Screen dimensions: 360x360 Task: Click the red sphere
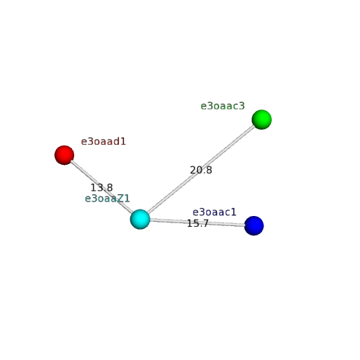64,155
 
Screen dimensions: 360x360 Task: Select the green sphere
261,120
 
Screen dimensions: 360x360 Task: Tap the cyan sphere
140,219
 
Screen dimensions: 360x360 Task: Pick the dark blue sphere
254,225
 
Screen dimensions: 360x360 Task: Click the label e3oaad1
104,142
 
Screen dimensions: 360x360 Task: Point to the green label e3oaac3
222,106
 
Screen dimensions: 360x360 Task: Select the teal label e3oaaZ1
107,199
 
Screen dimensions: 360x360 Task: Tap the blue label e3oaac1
215,212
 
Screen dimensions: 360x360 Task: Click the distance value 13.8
102,187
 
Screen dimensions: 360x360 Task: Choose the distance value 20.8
201,170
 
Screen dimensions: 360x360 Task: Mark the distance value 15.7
198,223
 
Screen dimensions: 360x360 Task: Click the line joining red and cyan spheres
102,187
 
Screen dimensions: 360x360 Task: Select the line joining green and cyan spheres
201,169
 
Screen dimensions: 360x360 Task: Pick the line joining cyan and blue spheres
197,222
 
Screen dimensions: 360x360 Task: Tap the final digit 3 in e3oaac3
242,106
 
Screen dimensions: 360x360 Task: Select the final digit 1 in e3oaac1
234,212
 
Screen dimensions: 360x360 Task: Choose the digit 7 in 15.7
206,223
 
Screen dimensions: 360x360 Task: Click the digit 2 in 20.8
193,170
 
